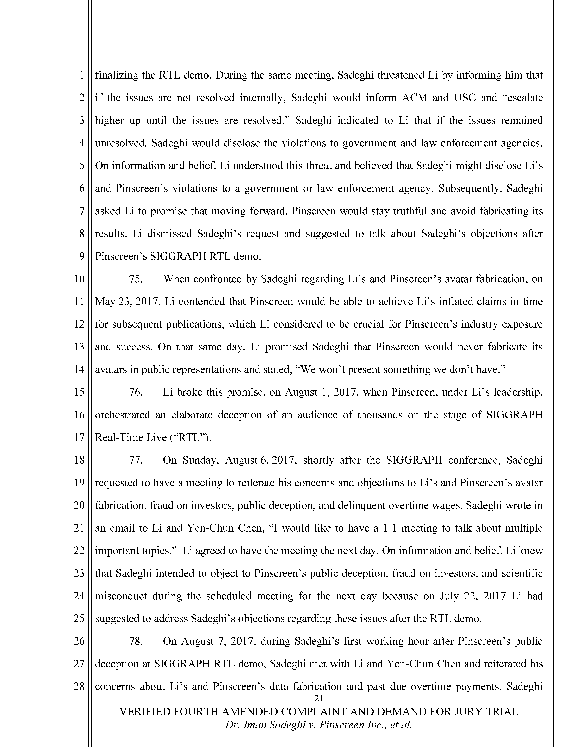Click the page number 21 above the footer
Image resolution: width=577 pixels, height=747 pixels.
click(319, 698)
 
